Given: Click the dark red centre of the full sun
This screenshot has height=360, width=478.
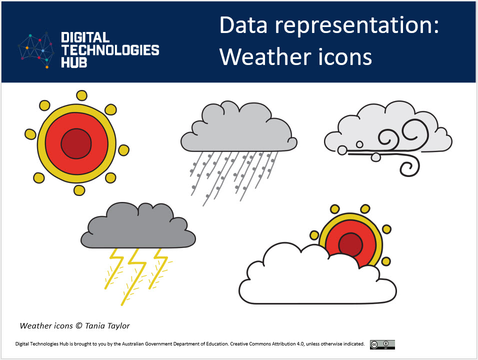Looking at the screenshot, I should click(x=76, y=144).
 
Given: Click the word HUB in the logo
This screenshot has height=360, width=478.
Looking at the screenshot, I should click(x=73, y=62).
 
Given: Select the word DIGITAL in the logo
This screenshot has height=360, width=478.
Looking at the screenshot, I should click(x=85, y=38).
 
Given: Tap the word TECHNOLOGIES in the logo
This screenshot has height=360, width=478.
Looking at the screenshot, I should click(x=110, y=50).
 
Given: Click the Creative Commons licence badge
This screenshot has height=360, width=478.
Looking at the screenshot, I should click(x=382, y=344).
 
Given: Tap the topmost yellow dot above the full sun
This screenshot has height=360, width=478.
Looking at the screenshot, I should click(x=80, y=95).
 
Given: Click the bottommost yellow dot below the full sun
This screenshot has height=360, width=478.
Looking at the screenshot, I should click(x=79, y=190).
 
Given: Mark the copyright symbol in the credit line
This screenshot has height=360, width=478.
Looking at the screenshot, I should click(x=78, y=326).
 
